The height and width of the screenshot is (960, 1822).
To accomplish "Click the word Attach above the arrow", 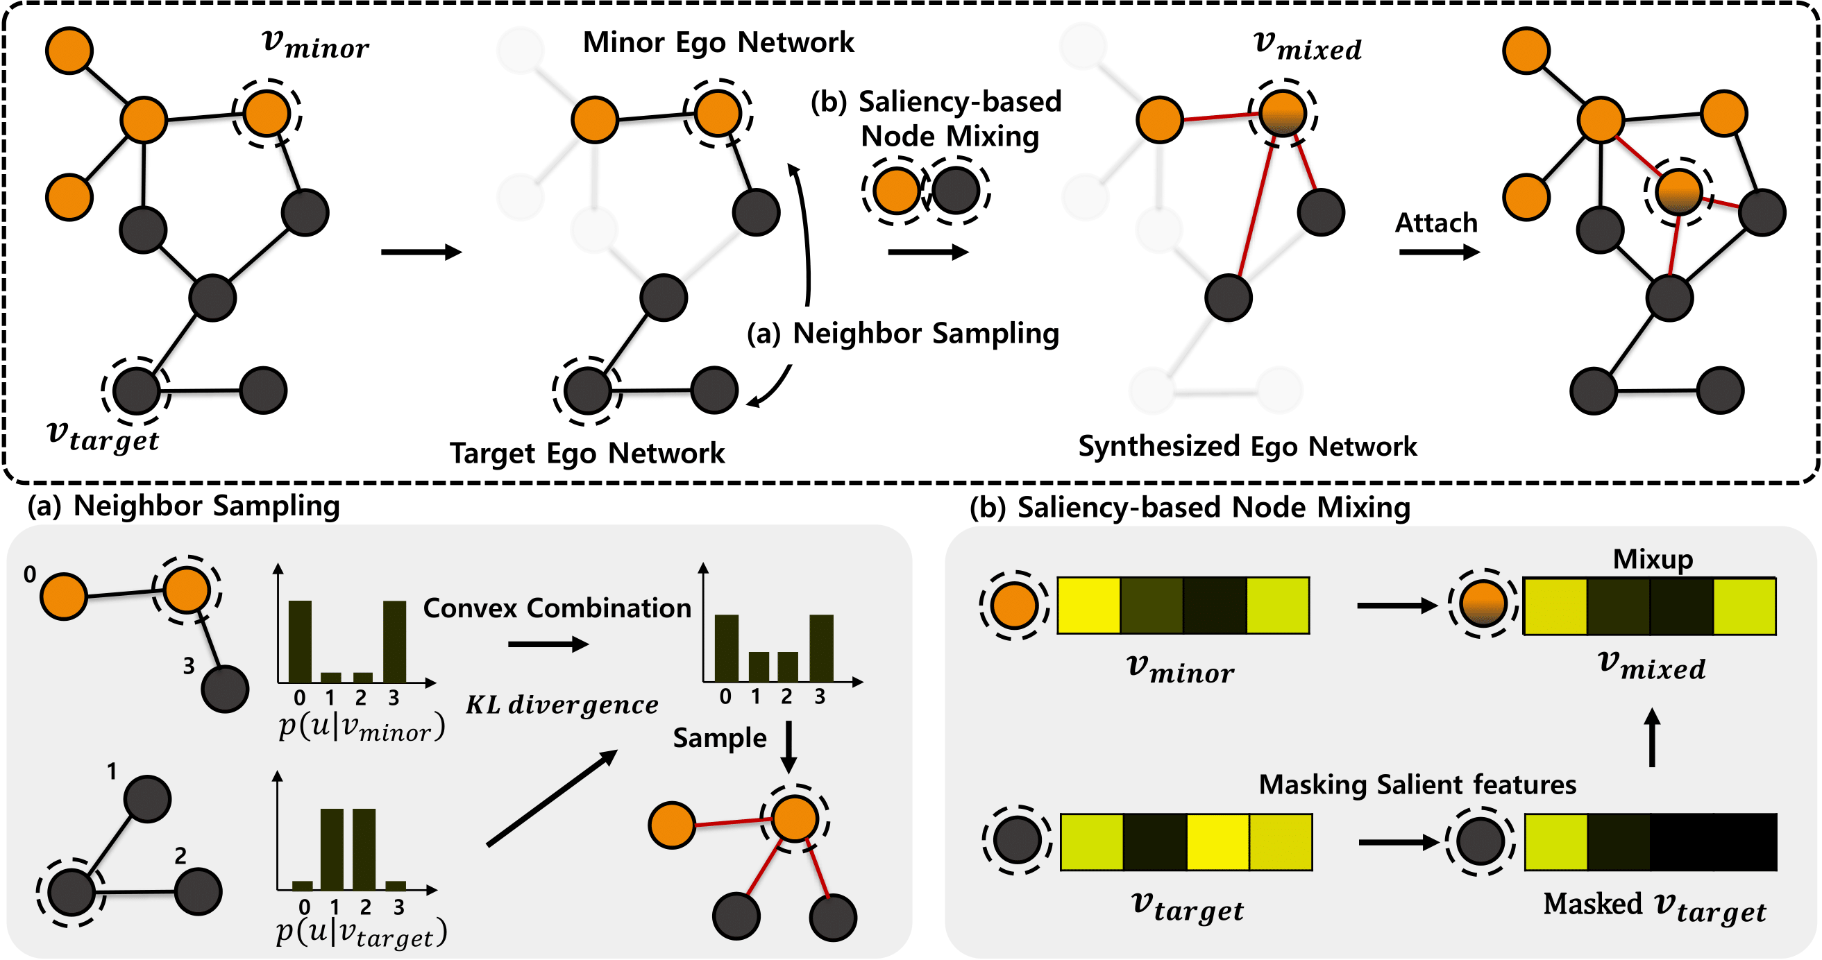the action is [1436, 223].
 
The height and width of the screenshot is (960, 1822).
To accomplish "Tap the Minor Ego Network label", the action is [718, 43].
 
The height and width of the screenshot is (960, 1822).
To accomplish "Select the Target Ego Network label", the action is [587, 453].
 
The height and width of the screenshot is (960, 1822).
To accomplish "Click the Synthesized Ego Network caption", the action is [1248, 447].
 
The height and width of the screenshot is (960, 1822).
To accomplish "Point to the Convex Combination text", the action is [557, 608].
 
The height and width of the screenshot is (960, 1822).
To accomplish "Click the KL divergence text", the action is [562, 705].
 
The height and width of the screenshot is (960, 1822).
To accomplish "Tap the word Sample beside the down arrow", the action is [720, 738].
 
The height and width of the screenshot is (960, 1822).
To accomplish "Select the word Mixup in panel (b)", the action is [1653, 559].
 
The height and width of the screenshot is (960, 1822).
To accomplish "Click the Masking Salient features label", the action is [1417, 785].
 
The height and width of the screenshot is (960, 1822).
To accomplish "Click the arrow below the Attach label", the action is [1440, 252].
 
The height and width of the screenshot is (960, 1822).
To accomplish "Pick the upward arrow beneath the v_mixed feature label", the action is [1652, 737].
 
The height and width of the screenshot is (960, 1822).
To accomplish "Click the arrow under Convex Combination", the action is [548, 644].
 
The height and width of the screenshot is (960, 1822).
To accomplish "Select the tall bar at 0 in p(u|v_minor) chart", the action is [300, 641].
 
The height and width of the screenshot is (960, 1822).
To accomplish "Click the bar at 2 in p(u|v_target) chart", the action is [364, 849].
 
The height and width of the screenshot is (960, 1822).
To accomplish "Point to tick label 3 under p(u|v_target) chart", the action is [399, 907].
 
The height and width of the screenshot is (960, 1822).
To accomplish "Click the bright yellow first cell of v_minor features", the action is [1089, 605].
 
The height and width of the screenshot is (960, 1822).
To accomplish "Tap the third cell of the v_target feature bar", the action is [1218, 842].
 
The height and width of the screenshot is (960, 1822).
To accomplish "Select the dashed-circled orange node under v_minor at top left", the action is [267, 113].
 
